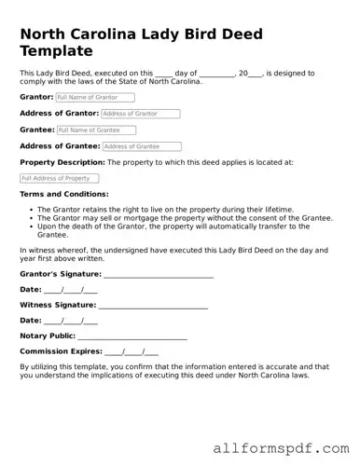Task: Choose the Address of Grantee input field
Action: [x=142, y=146]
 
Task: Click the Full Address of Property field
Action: [x=58, y=178]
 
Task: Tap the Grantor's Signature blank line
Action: [x=159, y=274]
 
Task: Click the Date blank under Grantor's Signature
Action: [x=71, y=290]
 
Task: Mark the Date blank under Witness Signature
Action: [x=71, y=321]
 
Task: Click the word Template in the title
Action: [x=62, y=50]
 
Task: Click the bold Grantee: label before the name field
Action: [x=37, y=130]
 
